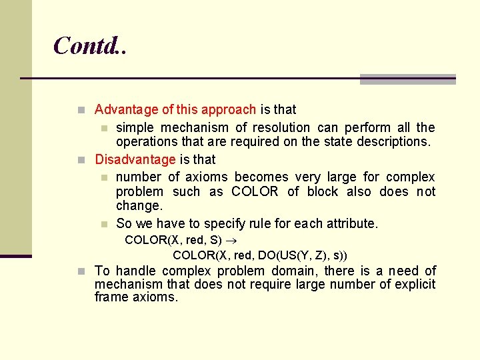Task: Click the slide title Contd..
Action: coord(89,45)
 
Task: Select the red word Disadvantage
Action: coord(135,160)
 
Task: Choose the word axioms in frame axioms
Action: coord(156,297)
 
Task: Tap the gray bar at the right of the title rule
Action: coord(407,79)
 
